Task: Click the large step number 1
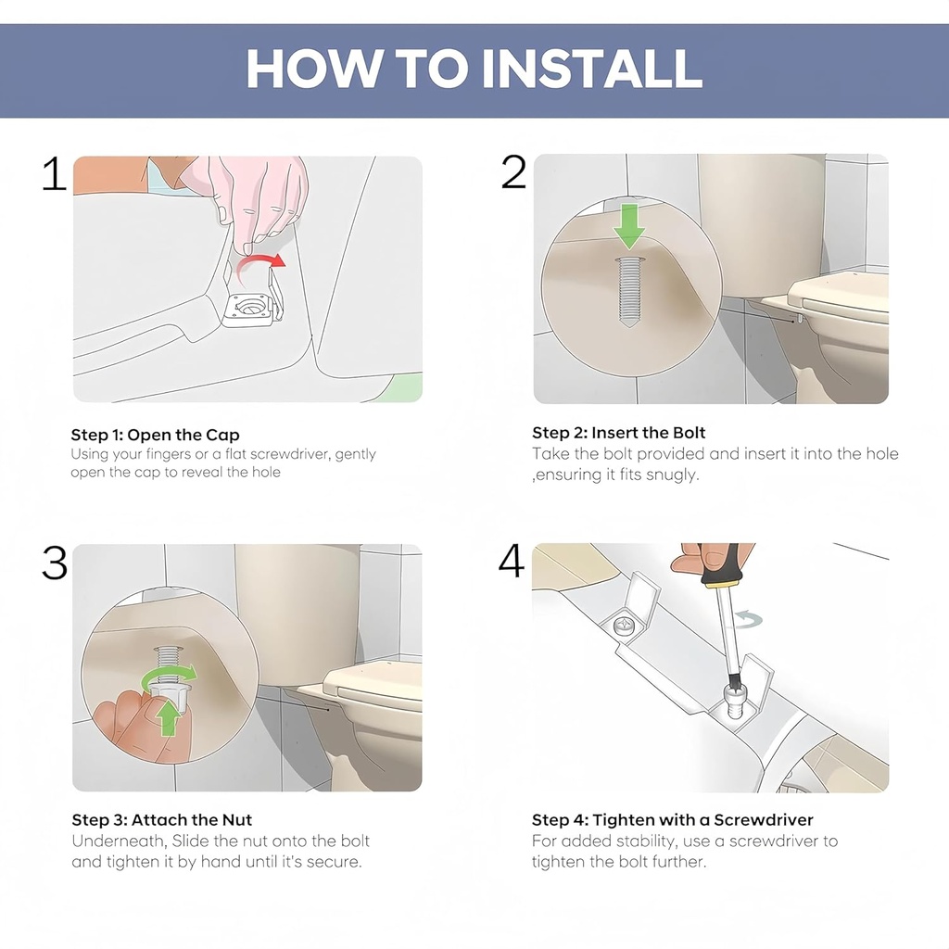tap(55, 175)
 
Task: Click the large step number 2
tap(513, 172)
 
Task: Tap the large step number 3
tap(55, 563)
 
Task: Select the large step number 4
tap(512, 562)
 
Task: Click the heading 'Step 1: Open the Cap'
tap(155, 435)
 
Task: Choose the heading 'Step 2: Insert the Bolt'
tap(618, 433)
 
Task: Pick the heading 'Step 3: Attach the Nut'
tap(161, 820)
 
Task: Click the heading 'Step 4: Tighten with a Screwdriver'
tap(672, 820)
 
